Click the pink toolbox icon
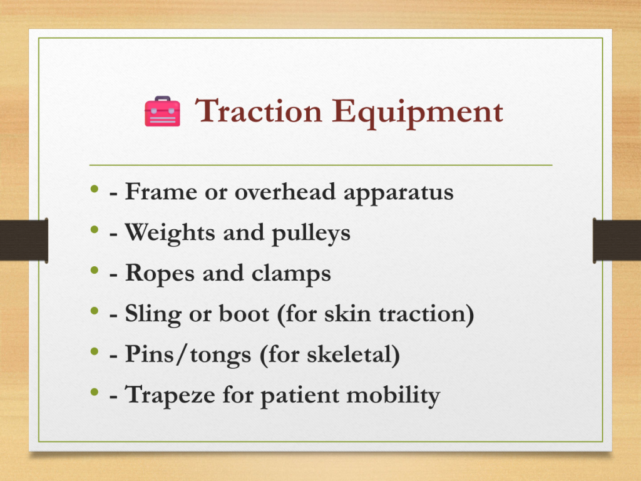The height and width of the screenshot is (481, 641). pyautogui.click(x=162, y=111)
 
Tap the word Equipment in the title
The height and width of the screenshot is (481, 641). pyautogui.click(x=417, y=113)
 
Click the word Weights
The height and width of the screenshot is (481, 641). pyautogui.click(x=170, y=233)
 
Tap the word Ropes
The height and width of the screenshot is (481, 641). pyautogui.click(x=160, y=274)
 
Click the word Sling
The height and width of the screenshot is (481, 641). pyautogui.click(x=153, y=314)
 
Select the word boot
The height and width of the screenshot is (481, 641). pyautogui.click(x=244, y=313)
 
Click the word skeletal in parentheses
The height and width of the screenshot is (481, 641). pyautogui.click(x=350, y=354)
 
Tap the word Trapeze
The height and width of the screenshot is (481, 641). pyautogui.click(x=170, y=396)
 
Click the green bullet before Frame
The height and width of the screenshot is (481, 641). pyautogui.click(x=95, y=189)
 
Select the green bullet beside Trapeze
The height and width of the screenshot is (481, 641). pyautogui.click(x=95, y=392)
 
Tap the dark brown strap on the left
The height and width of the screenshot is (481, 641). pyautogui.click(x=24, y=240)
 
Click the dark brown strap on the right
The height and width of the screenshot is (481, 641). pyautogui.click(x=617, y=240)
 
